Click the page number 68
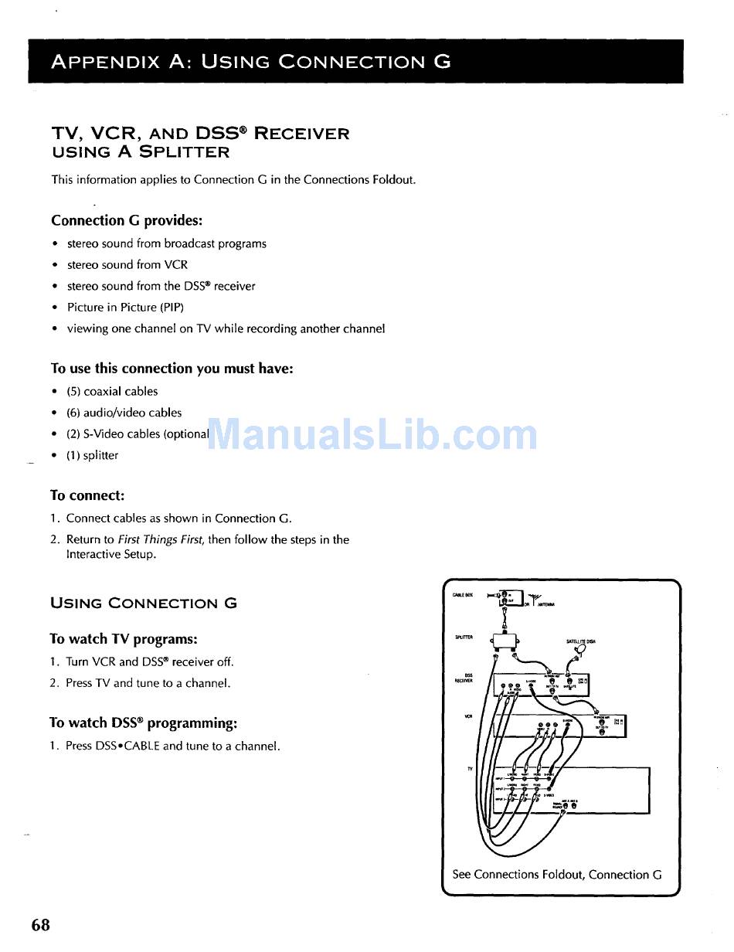click(x=41, y=925)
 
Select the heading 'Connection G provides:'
click(x=127, y=221)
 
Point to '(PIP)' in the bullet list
click(x=167, y=307)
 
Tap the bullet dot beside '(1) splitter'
click(x=55, y=456)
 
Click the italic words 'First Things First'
click(x=161, y=539)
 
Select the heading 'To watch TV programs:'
click(x=124, y=639)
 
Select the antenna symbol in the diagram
click(x=536, y=597)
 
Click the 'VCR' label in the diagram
click(x=468, y=716)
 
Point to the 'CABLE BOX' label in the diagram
click(x=463, y=595)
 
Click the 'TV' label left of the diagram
click(x=470, y=769)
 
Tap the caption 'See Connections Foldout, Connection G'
click(x=556, y=875)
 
